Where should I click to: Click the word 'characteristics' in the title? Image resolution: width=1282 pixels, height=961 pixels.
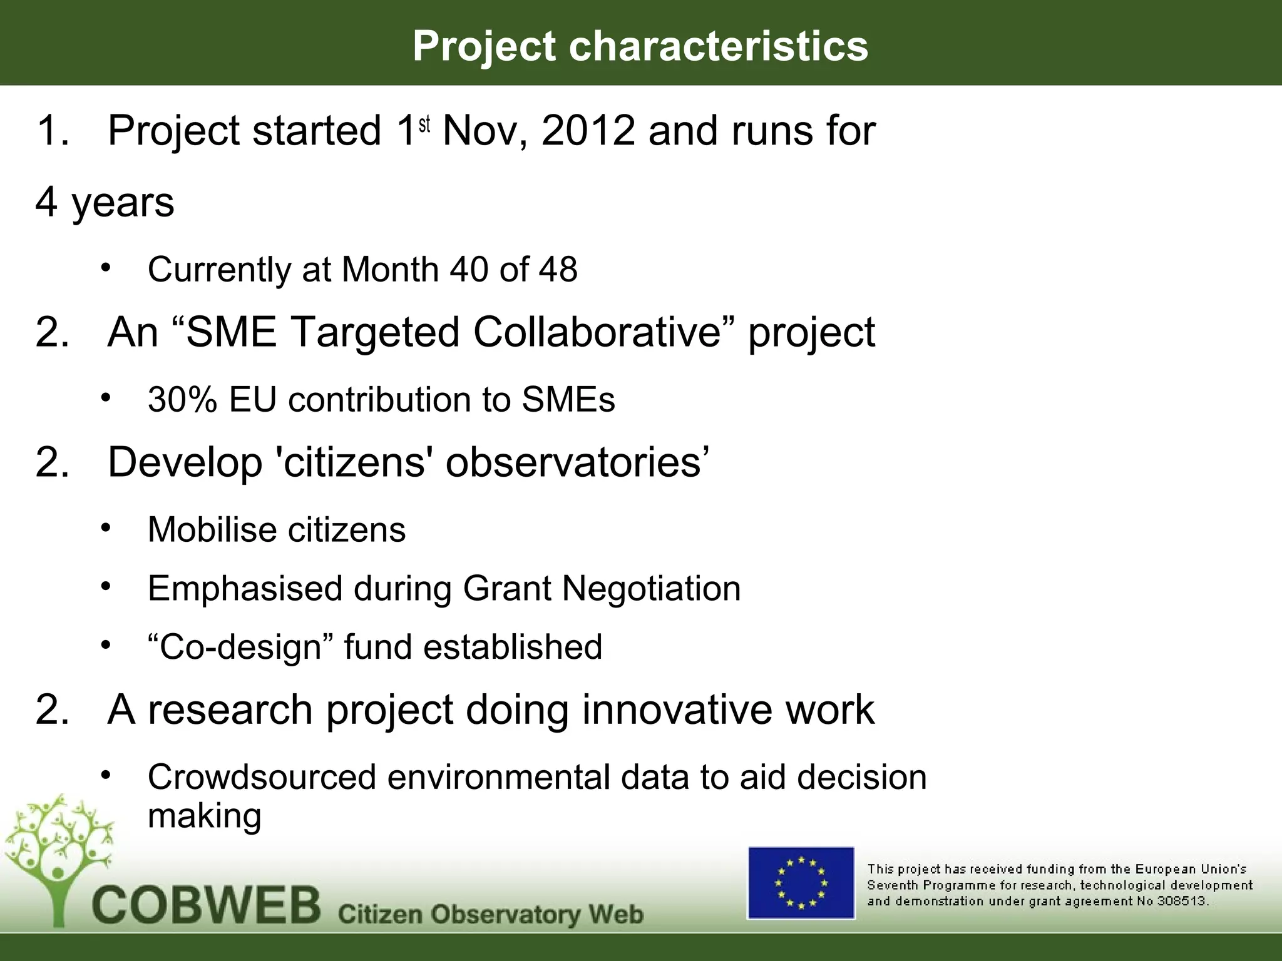click(718, 46)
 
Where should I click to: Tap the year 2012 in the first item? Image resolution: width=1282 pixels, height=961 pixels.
click(588, 131)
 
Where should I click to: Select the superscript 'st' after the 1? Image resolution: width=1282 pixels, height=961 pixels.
click(424, 125)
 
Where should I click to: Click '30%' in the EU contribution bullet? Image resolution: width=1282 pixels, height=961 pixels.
click(182, 400)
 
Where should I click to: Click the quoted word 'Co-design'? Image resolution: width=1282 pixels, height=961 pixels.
click(241, 647)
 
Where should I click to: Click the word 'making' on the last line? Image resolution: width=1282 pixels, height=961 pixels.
click(204, 816)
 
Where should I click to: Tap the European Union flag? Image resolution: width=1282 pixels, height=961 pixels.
click(801, 883)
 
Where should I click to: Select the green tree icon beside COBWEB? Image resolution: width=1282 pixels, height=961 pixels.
click(59, 857)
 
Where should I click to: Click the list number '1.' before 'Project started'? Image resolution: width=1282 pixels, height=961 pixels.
click(53, 131)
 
